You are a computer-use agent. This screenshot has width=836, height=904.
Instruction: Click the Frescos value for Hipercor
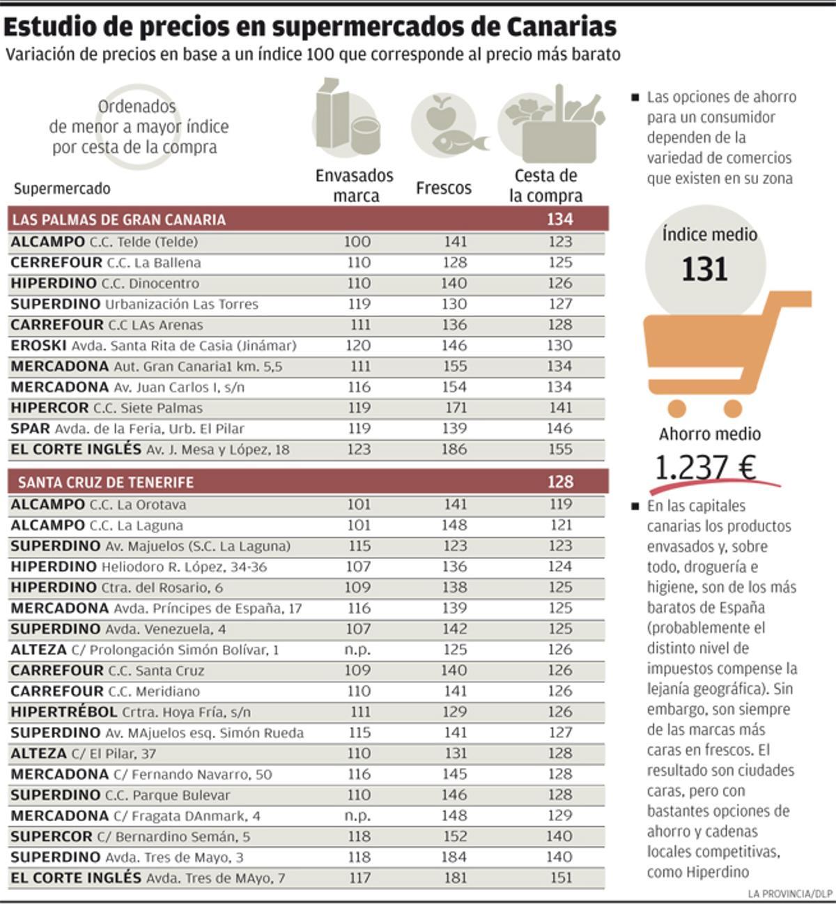point(454,408)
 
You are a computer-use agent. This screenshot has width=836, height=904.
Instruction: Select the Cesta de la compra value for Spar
point(560,429)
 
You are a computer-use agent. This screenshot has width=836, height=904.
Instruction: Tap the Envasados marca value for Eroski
point(358,346)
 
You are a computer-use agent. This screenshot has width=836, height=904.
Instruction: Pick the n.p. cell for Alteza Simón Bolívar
point(358,650)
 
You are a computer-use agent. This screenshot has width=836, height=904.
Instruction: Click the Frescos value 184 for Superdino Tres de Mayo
point(454,857)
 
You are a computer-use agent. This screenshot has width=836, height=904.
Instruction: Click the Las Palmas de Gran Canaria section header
point(119,220)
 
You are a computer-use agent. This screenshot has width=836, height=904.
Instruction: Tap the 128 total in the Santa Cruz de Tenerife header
point(560,482)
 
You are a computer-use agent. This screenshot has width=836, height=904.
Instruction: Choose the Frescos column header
point(444,187)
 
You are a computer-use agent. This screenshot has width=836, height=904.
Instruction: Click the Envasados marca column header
point(355,185)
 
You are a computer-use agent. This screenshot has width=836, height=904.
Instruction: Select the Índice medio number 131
point(704,269)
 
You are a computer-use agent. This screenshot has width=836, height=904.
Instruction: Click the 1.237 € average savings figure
point(706,468)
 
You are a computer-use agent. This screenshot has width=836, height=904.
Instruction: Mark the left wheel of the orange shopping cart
point(675,408)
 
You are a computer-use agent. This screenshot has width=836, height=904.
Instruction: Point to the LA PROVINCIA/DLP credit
point(790,894)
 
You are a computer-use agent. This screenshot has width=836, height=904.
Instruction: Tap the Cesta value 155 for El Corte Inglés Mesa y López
point(560,450)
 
